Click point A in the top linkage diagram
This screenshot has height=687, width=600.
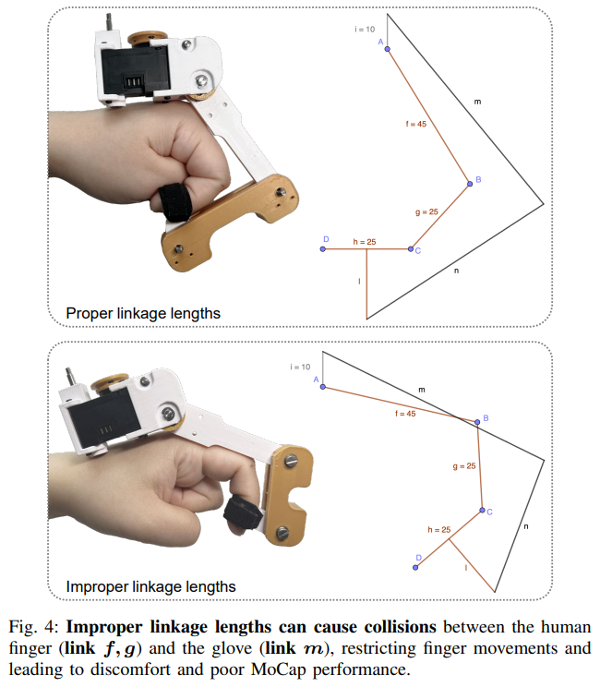387,49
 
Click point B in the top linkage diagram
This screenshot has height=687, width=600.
470,185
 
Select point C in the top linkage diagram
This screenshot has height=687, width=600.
412,249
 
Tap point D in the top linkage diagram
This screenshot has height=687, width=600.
322,249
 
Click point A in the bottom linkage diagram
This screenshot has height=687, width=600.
322,387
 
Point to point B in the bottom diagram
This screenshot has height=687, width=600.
477,423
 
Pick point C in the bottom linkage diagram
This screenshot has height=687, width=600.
482,510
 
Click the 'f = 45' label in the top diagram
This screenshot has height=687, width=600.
417,124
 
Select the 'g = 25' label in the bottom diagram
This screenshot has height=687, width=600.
464,466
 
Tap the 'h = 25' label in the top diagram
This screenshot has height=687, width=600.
365,242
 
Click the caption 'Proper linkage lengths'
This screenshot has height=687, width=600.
143,313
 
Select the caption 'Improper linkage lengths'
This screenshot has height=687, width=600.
150,586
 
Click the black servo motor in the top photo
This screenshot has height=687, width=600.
134,74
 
